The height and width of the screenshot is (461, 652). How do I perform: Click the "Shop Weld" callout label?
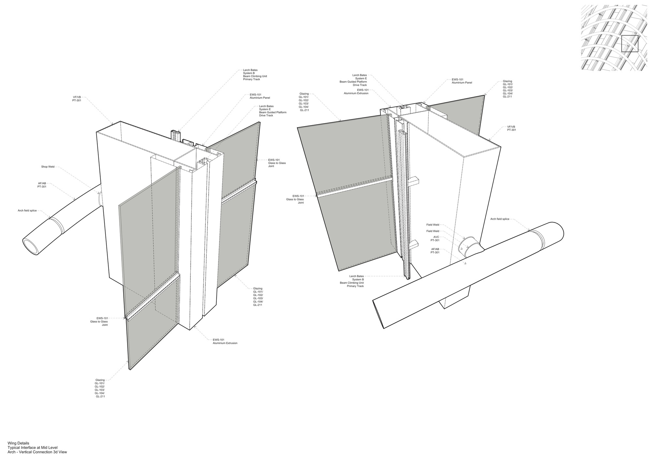click(x=48, y=167)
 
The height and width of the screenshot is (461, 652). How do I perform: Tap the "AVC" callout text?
click(x=436, y=237)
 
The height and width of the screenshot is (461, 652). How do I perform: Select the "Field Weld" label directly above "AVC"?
click(x=433, y=231)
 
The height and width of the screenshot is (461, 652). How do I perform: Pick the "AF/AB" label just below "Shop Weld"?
click(x=42, y=183)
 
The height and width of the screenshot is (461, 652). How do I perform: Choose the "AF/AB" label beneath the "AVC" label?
click(x=435, y=249)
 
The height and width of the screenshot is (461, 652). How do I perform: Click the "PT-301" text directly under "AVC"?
click(x=435, y=240)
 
